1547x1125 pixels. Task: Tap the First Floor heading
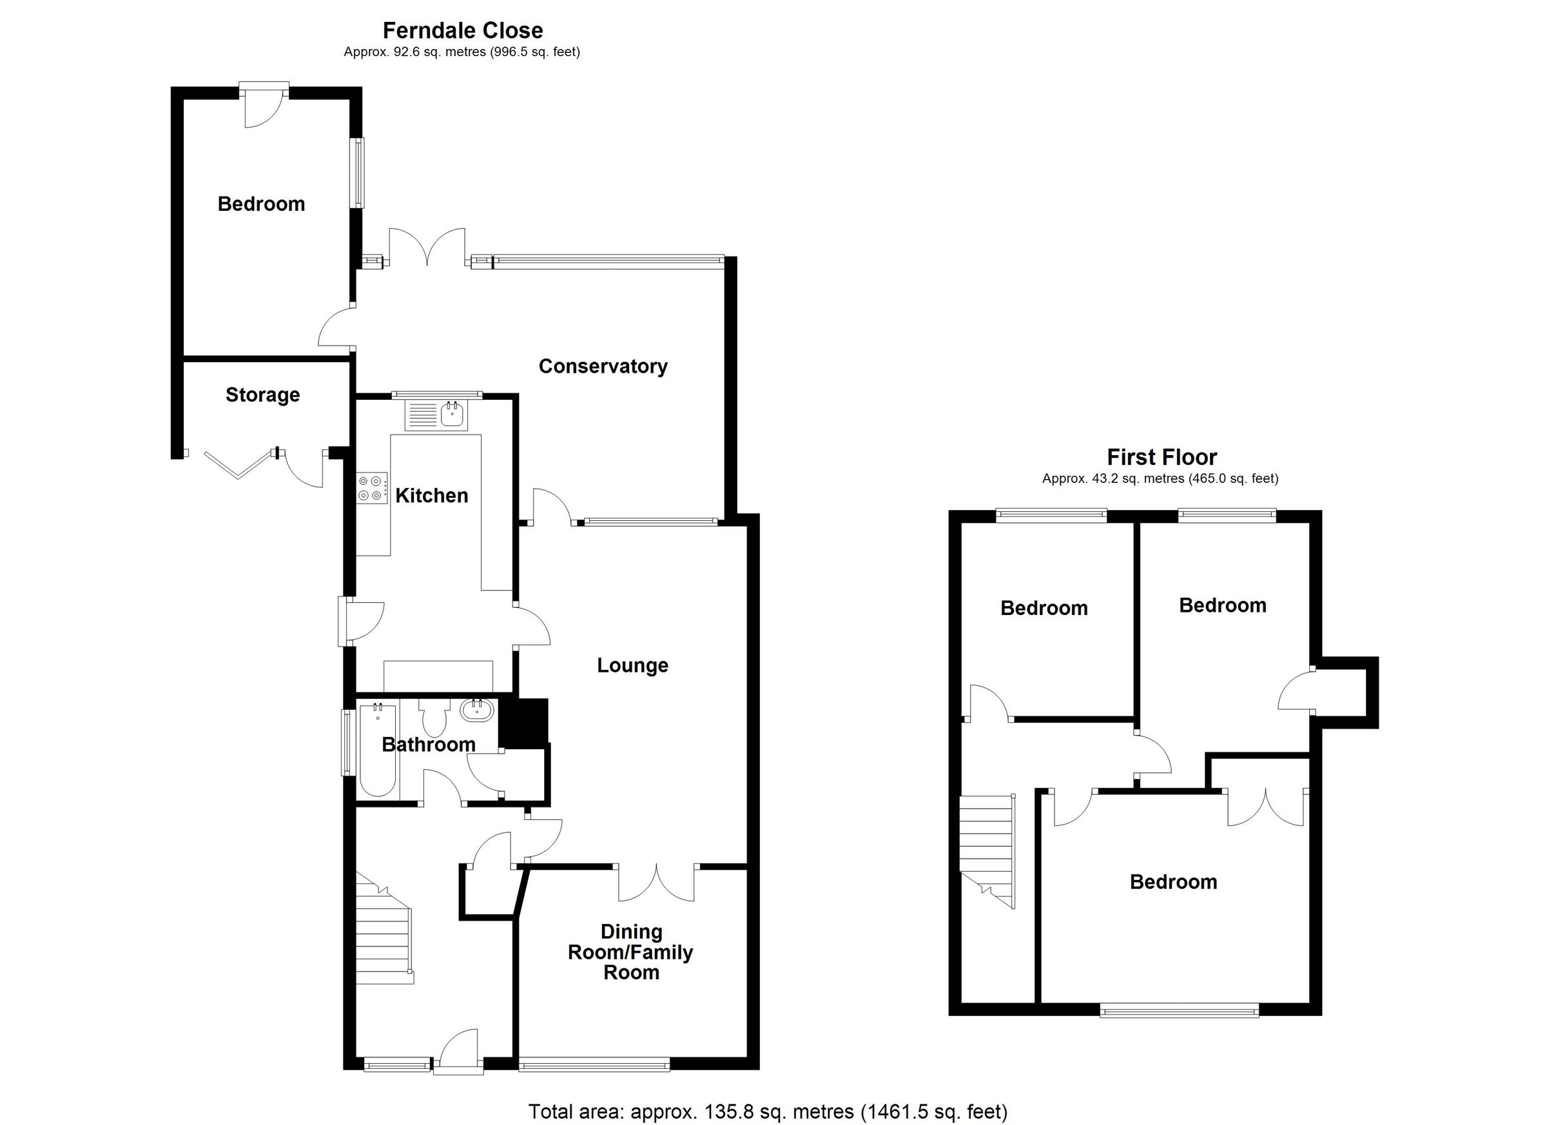[x=1162, y=457]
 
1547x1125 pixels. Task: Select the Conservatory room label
[x=603, y=366]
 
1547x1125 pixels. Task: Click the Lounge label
[x=632, y=665]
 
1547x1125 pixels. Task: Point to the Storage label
[x=262, y=395]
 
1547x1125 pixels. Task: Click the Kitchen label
[x=432, y=495]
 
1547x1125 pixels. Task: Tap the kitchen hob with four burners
[x=371, y=488]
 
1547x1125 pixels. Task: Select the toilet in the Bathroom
[x=434, y=718]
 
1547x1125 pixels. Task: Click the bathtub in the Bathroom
[x=377, y=750]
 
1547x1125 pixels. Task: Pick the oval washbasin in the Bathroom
[x=476, y=711]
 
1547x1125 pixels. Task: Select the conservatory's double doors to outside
[x=427, y=247]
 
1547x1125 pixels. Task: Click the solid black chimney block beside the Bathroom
[x=524, y=722]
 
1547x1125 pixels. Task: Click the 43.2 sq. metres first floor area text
[x=1160, y=479]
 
